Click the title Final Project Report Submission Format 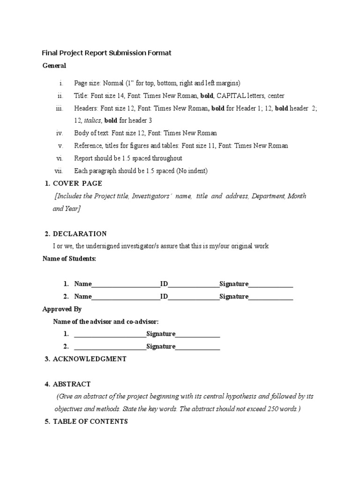(x=107, y=53)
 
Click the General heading (x=54, y=66)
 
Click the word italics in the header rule (x=92, y=120)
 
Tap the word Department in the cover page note (x=268, y=196)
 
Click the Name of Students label (x=69, y=259)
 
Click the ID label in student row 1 (x=164, y=284)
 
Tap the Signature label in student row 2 (x=234, y=296)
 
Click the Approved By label (x=62, y=309)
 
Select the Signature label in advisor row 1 (x=161, y=334)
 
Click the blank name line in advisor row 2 (x=110, y=347)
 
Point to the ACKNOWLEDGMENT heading (x=90, y=359)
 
